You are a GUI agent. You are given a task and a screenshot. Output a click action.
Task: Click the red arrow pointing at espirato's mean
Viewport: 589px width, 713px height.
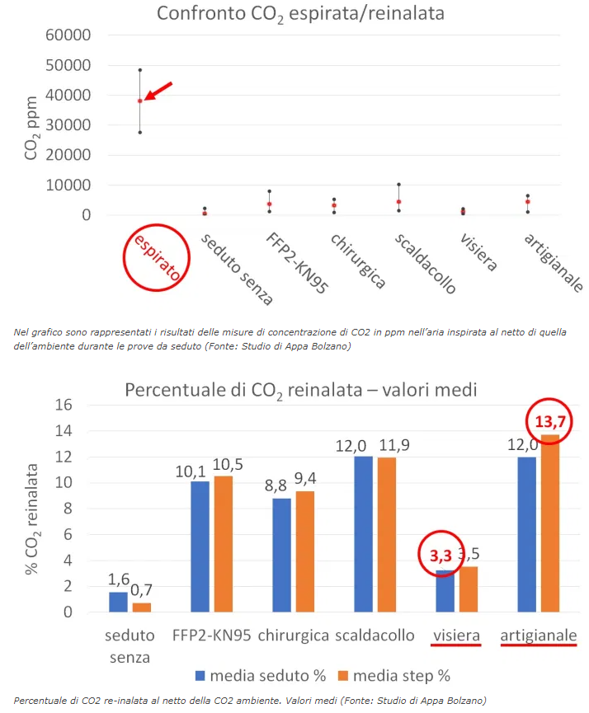[160, 91]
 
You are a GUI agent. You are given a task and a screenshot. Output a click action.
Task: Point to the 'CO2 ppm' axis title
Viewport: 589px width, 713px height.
[31, 124]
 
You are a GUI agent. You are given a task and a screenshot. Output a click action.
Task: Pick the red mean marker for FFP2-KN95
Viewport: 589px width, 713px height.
[269, 204]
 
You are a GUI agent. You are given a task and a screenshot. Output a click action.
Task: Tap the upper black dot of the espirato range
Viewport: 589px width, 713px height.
[140, 70]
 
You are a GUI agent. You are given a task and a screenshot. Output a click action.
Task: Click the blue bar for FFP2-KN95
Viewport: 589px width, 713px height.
[200, 546]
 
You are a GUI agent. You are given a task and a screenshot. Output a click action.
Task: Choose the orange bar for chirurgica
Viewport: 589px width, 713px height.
[306, 551]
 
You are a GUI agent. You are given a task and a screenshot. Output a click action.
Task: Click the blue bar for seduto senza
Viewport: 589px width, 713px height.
[119, 602]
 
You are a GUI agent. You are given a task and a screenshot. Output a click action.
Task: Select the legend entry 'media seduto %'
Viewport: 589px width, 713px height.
[261, 676]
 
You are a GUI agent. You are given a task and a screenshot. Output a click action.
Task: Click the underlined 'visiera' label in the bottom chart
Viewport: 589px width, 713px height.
[456, 636]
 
